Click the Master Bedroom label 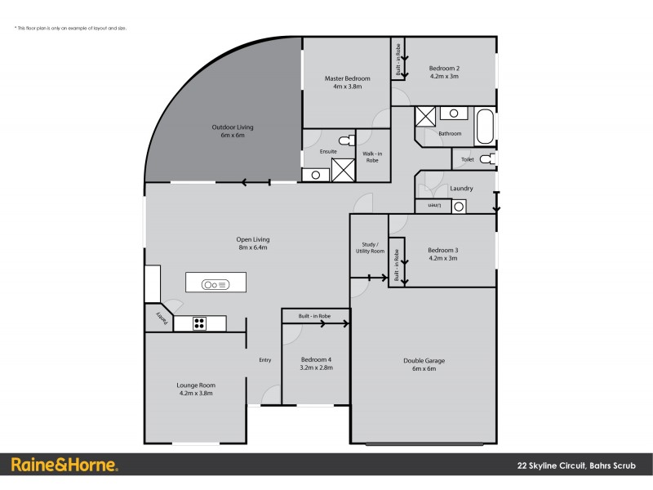pos(347,78)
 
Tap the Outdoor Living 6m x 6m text pos(233,131)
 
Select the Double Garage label pos(424,364)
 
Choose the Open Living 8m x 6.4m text pos(252,243)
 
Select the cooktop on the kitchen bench pos(199,323)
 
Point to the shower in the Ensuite pos(343,170)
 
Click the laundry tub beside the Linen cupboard pos(459,207)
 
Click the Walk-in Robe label pos(372,157)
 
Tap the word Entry pos(264,360)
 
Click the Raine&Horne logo pos(64,465)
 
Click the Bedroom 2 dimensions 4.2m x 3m pos(444,76)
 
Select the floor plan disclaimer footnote pos(70,29)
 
